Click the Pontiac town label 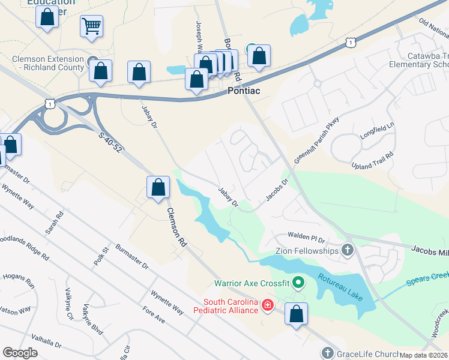point(245,91)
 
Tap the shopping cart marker point(91,26)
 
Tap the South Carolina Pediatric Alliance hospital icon point(268,307)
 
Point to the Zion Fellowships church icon point(347,250)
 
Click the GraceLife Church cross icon point(327,353)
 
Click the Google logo point(20,353)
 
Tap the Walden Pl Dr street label point(306,237)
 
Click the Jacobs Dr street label point(277,190)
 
